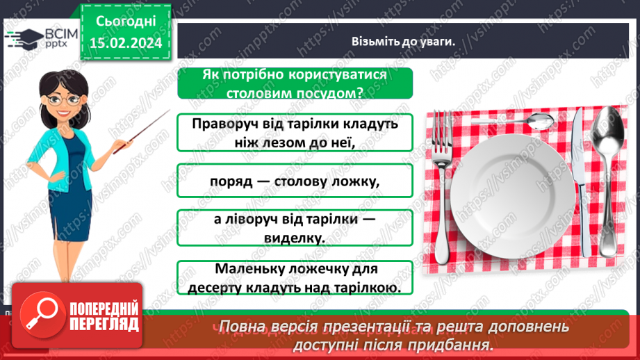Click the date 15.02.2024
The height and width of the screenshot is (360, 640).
[x=125, y=43]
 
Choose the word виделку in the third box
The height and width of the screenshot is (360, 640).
[x=295, y=238]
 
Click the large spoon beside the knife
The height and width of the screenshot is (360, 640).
[x=606, y=174]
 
